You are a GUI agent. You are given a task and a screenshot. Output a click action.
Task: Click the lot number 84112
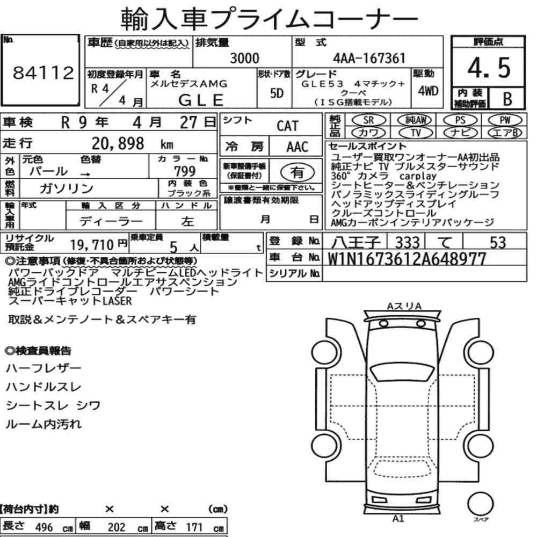(43, 72)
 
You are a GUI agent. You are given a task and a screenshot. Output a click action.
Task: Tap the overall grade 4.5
(489, 68)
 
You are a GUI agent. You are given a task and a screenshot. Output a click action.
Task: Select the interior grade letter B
(507, 99)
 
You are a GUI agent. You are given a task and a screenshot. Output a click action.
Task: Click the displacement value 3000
(244, 58)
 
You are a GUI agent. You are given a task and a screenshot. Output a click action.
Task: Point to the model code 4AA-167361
(369, 58)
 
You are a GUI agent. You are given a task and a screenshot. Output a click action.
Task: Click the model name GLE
(201, 100)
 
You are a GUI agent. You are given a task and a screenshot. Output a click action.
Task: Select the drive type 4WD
(428, 91)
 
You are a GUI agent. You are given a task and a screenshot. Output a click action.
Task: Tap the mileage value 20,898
(118, 143)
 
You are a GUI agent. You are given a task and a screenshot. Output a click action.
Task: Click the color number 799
(185, 171)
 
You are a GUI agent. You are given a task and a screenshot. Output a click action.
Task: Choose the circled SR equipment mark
(368, 120)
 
